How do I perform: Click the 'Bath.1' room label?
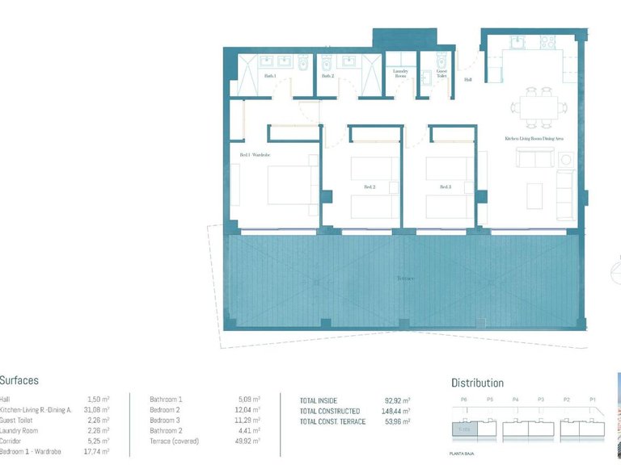click(x=270, y=77)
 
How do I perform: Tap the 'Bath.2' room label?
click(x=327, y=77)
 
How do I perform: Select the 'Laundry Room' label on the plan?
click(x=400, y=73)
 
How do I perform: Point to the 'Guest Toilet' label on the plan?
click(x=441, y=73)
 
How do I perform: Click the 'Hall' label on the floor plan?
click(x=467, y=80)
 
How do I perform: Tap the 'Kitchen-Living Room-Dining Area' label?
click(x=534, y=139)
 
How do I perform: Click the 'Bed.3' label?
click(x=445, y=186)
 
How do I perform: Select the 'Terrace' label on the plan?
click(x=405, y=279)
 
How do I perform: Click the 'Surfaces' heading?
click(x=19, y=380)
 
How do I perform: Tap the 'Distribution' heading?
click(x=477, y=383)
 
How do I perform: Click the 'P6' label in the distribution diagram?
click(x=463, y=400)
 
